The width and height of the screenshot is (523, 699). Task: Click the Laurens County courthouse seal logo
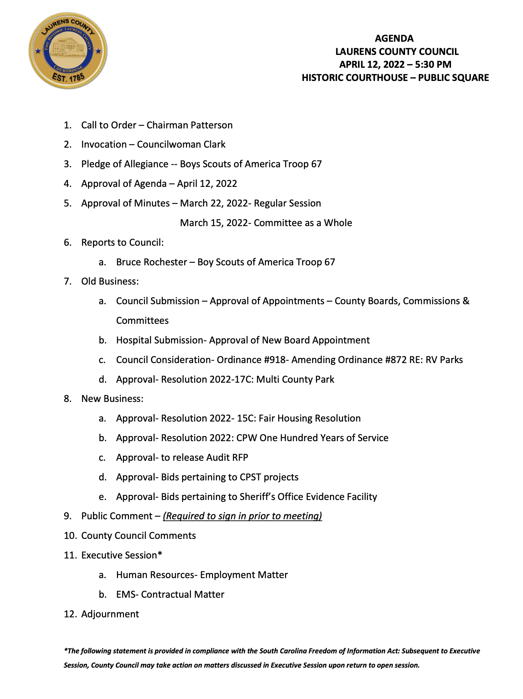coord(68,51)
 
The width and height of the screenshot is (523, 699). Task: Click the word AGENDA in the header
coord(394,39)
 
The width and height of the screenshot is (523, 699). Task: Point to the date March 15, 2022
coord(213,223)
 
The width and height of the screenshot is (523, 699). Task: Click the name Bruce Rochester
coord(151,262)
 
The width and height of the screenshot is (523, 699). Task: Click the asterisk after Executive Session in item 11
coord(160,555)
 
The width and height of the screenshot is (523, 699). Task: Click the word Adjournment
coord(110,614)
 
